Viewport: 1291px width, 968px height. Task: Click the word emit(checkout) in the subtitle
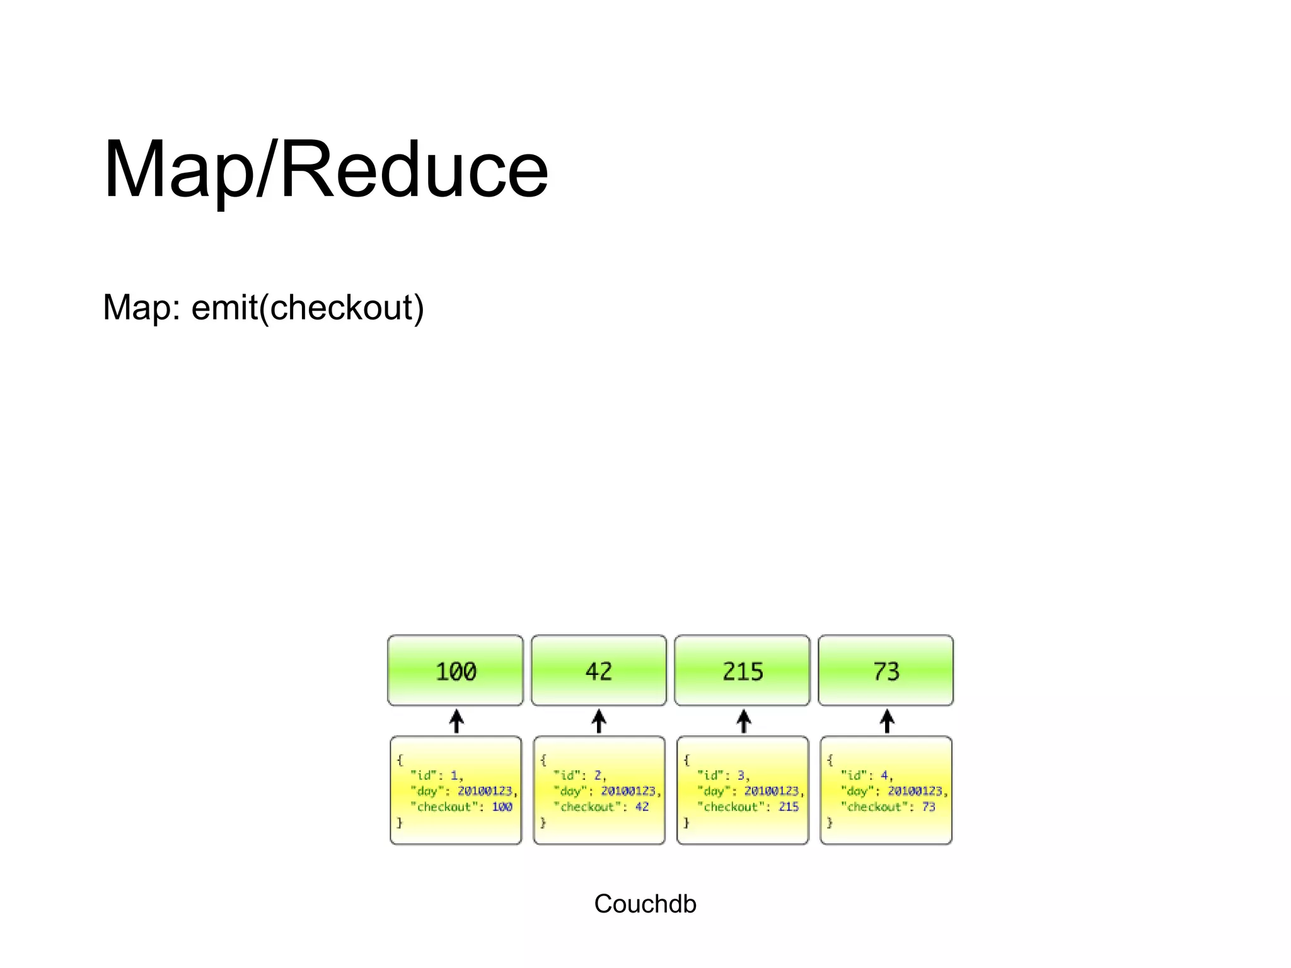[308, 308]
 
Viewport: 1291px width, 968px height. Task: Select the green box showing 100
[455, 671]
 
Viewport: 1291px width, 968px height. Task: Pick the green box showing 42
[598, 671]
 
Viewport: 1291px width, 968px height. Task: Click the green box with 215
[742, 671]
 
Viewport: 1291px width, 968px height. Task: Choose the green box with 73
[886, 671]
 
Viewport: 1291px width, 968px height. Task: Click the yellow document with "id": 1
[456, 790]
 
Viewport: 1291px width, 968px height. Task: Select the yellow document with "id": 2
[599, 790]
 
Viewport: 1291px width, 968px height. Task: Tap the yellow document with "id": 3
[743, 790]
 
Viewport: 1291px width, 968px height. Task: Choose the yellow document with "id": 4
[886, 790]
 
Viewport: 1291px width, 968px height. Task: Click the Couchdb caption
[645, 904]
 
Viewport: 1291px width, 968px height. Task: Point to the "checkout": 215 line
[748, 807]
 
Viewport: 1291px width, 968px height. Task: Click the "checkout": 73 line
[888, 807]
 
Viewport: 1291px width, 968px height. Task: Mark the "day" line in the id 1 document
[463, 791]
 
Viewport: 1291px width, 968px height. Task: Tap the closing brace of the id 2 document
[543, 822]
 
